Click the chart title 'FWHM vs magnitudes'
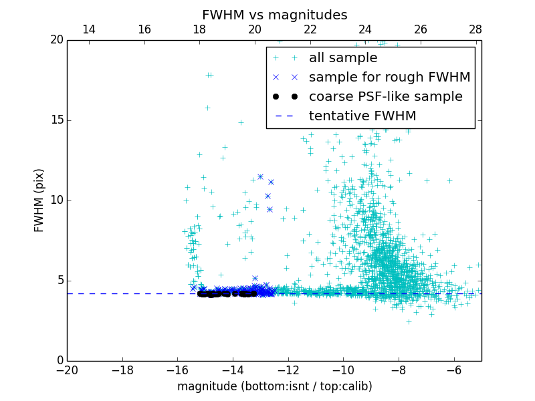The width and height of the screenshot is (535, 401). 274,15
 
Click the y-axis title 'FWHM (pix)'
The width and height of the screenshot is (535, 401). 39,200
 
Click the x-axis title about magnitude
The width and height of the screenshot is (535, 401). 274,386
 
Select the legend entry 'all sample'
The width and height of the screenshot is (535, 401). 342,58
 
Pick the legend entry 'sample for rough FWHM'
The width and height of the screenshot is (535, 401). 389,78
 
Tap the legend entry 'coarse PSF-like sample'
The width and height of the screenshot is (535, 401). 385,97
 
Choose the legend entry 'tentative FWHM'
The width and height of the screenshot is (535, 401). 362,116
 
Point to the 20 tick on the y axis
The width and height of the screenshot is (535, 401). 56,40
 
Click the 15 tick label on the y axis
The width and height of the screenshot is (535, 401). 56,120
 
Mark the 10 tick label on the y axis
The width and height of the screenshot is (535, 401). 56,200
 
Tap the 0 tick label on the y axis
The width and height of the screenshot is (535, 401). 60,361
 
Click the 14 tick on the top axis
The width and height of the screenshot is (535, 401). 89,30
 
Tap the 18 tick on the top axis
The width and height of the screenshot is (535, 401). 199,30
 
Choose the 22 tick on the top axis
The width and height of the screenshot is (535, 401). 310,30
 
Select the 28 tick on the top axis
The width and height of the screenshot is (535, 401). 475,30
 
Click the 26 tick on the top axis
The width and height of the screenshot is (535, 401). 421,30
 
